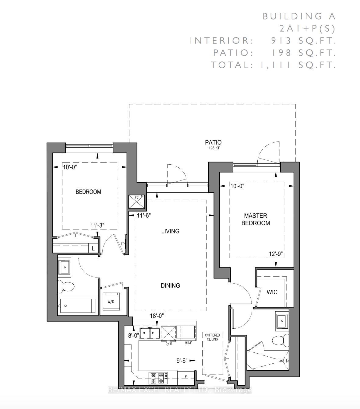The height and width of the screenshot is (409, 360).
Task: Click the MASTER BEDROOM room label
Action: click(256, 219)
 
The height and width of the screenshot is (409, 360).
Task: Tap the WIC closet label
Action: click(272, 292)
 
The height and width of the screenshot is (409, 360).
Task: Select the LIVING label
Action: click(170, 231)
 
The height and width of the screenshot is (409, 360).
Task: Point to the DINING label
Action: click(170, 286)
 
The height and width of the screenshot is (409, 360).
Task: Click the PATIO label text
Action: click(213, 142)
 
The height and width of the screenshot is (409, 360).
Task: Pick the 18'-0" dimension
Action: click(157, 316)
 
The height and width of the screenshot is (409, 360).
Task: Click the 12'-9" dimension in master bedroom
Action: click(276, 254)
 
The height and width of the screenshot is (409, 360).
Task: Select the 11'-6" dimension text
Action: click(144, 215)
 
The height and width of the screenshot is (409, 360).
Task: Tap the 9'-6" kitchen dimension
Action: click(182, 361)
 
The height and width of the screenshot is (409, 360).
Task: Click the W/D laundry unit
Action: click(111, 302)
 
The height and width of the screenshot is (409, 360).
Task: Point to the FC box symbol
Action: click(137, 202)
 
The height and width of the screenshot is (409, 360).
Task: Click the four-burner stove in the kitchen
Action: click(158, 378)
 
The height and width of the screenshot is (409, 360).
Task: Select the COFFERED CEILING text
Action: click(212, 337)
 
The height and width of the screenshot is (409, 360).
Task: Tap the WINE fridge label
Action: click(189, 343)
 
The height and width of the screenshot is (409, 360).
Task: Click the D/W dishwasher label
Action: click(168, 344)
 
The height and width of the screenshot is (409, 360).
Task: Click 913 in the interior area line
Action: click(281, 40)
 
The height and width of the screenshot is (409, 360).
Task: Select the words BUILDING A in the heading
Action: click(299, 16)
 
